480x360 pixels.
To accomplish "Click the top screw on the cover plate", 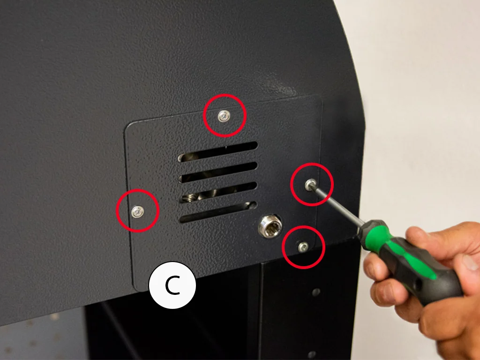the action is (224, 116).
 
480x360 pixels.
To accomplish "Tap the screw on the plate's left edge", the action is (137, 211).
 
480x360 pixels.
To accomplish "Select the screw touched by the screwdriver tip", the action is (310, 185).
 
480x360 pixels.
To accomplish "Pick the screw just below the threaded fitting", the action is (303, 247).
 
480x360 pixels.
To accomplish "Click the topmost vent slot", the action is (217, 151).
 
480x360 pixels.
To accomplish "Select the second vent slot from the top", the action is (218, 172).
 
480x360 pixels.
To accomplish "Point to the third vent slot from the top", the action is (218, 192).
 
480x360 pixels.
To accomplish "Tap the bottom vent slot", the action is (218, 212).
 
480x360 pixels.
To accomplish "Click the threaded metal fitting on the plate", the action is (270, 226).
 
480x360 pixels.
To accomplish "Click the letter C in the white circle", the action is (172, 285).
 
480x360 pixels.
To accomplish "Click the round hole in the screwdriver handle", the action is (418, 287).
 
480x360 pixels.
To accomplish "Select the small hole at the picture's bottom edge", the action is (312, 355).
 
